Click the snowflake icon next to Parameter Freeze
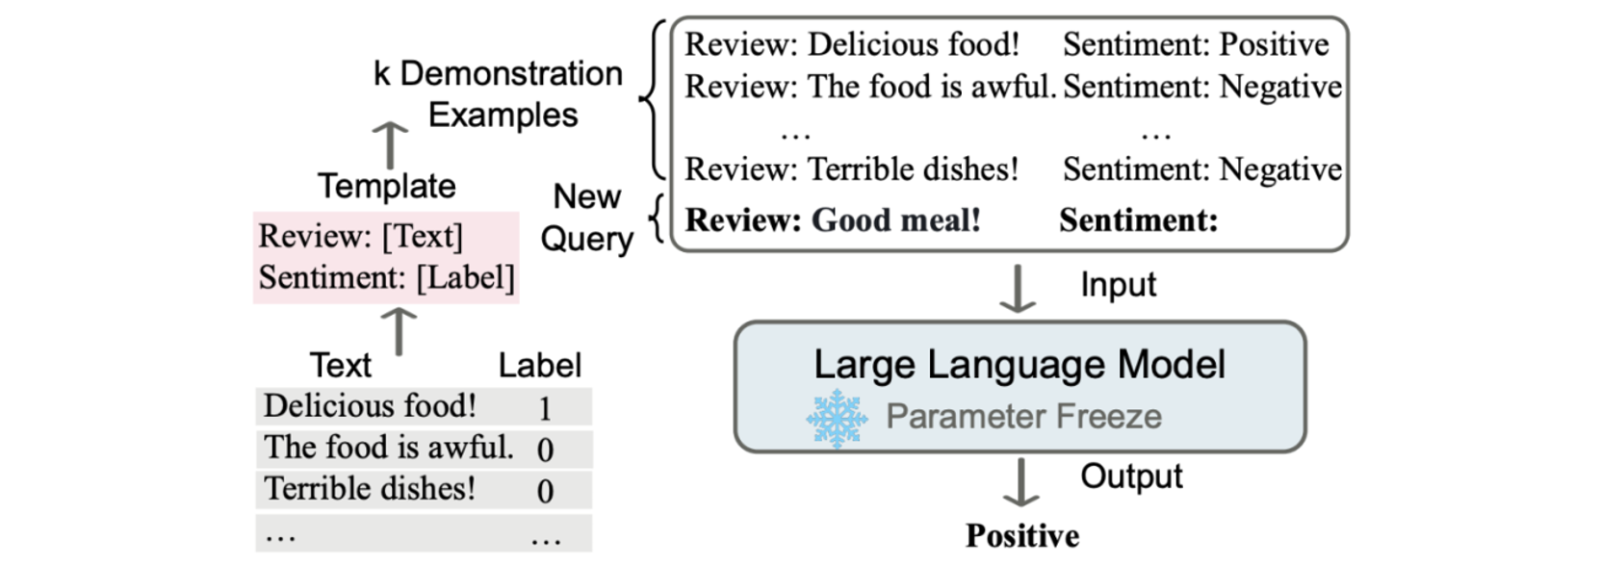tap(837, 419)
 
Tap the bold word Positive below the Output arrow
tap(1022, 535)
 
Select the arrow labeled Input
tap(1018, 289)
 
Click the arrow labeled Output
tap(1021, 482)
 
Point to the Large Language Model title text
tap(1019, 364)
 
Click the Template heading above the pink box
tap(386, 187)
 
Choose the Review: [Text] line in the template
tap(361, 236)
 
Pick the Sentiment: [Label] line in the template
tap(386, 278)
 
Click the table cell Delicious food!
tap(370, 406)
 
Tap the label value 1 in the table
tap(545, 408)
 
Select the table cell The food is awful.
tap(389, 448)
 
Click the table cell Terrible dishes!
tap(370, 489)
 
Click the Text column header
tap(341, 366)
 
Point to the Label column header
tap(540, 366)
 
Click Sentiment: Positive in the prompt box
tap(1196, 44)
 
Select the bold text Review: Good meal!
tap(833, 219)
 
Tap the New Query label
tap(587, 218)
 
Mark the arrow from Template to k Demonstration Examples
tap(390, 145)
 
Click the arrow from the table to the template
tap(399, 331)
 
